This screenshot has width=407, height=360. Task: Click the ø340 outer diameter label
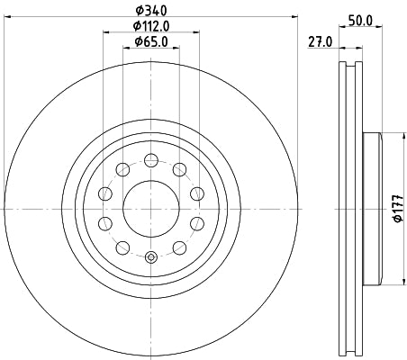150,11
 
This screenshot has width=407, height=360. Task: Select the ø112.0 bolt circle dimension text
150,26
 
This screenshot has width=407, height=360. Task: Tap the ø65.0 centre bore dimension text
150,41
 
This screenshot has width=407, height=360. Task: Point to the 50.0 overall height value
361,18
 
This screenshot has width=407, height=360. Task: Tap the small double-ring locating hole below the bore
150,258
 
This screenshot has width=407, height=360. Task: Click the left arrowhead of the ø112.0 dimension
106,33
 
